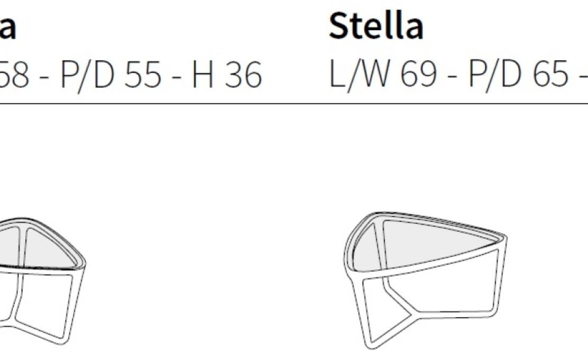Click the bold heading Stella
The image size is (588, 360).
376,26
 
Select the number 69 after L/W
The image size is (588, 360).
418,76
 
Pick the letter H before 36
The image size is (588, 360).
203,76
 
